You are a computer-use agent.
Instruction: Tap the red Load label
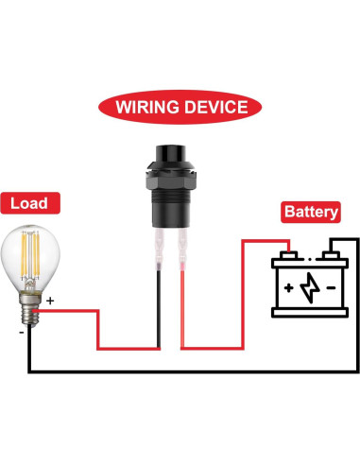point(30,202)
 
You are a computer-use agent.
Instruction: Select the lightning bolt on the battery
point(309,288)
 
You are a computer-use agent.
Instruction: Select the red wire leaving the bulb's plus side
point(76,309)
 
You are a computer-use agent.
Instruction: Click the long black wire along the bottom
point(189,370)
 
